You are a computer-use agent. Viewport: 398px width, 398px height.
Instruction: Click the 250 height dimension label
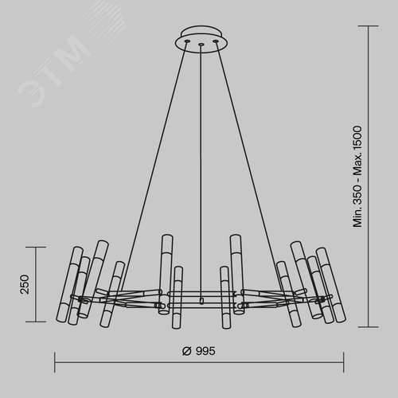[25, 284]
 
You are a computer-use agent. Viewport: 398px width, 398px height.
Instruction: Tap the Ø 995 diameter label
[199, 351]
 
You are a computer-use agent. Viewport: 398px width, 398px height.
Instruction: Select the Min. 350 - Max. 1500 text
[357, 177]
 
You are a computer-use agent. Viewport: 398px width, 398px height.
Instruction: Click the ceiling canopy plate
[201, 40]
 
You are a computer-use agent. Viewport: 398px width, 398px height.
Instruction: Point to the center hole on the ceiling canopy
[201, 45]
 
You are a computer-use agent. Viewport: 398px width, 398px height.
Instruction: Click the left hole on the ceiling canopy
[187, 41]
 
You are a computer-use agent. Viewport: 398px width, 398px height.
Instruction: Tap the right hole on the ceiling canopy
[216, 41]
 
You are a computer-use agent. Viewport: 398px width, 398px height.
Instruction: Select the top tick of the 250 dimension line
[36, 247]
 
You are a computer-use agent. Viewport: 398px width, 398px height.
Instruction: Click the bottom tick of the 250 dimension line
[36, 322]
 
